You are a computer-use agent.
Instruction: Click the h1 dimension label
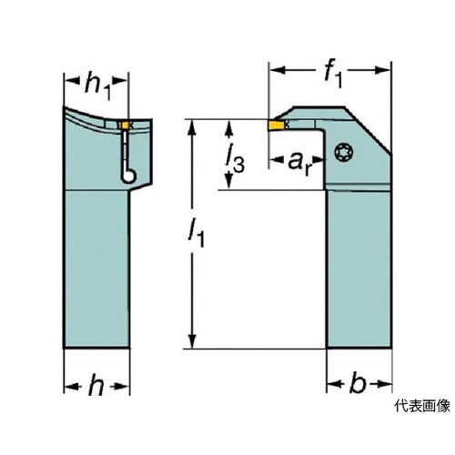(97, 87)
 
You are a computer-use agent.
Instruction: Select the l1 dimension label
(196, 233)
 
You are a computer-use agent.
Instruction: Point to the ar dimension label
(299, 164)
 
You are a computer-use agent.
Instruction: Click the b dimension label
(358, 383)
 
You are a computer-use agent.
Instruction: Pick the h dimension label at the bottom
(96, 385)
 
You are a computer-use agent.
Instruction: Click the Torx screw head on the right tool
(343, 152)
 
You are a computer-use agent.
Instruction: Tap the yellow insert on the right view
(276, 125)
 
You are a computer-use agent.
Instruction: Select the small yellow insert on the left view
(125, 126)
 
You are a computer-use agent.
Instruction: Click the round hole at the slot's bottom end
(129, 176)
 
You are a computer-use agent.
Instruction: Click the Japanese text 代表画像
(422, 406)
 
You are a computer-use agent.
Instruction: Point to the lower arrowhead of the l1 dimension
(192, 341)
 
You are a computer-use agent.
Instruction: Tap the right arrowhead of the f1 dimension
(382, 70)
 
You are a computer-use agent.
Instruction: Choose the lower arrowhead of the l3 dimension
(229, 181)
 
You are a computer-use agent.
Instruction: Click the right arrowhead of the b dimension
(383, 384)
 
